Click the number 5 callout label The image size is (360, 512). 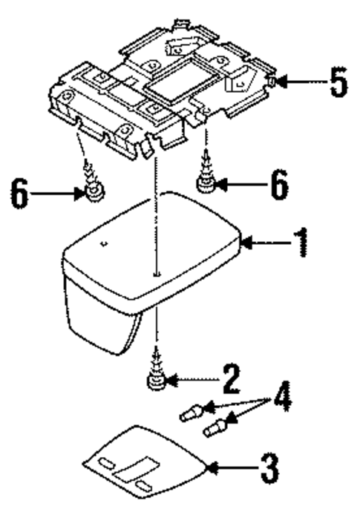pyautogui.click(x=338, y=84)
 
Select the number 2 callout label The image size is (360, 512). pyautogui.click(x=232, y=381)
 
